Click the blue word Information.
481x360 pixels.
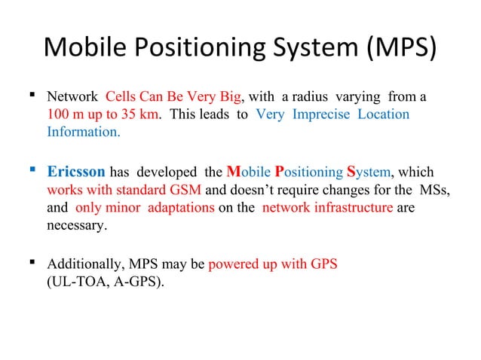83,132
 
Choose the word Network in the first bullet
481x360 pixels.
73,97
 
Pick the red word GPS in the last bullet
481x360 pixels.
323,265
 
